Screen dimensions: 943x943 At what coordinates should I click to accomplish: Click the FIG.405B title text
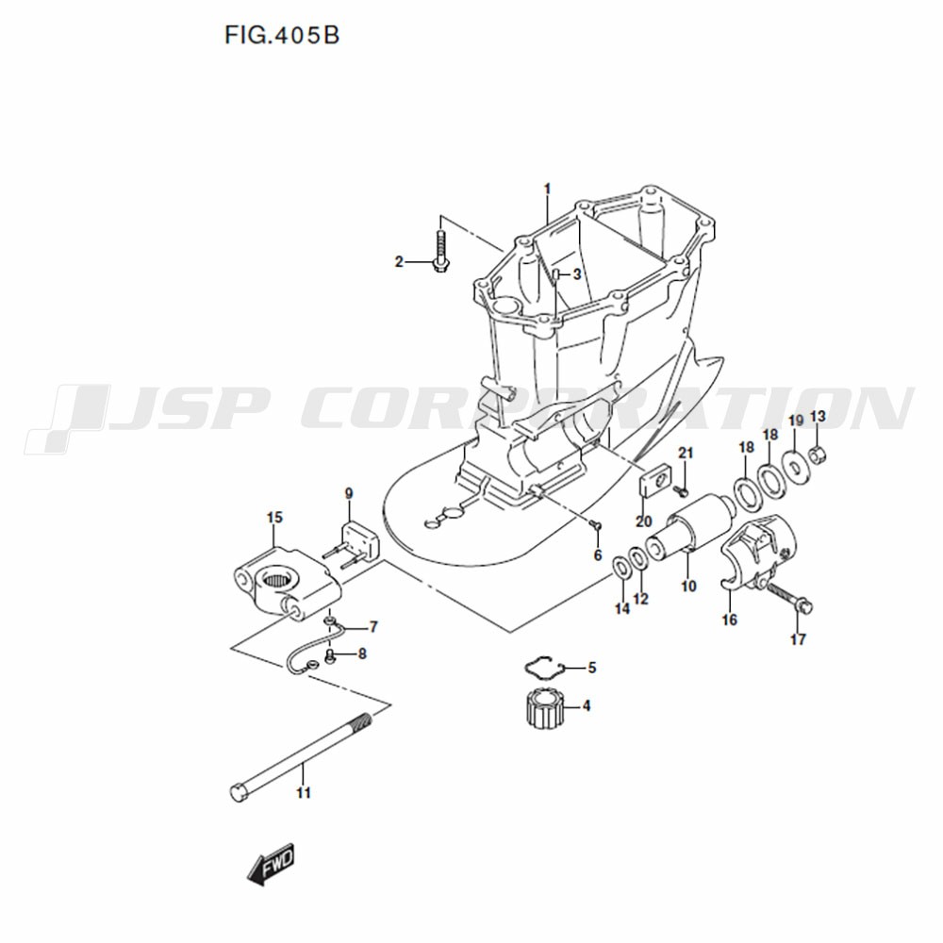tap(282, 36)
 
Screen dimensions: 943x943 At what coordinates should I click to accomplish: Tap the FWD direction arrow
tap(272, 863)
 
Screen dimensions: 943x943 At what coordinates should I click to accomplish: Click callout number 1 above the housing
tap(547, 190)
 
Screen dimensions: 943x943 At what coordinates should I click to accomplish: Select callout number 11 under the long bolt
tap(304, 793)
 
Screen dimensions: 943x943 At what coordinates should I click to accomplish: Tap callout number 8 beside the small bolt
tap(362, 653)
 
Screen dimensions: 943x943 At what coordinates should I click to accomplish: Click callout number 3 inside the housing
tap(577, 274)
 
